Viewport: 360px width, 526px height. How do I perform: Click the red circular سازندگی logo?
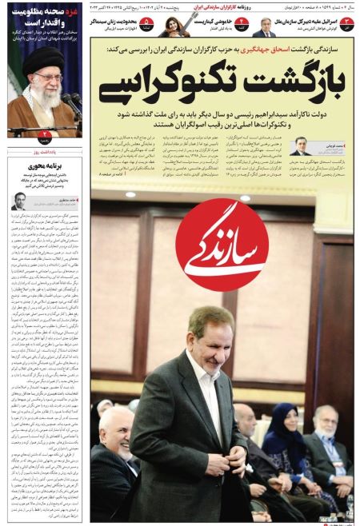(222, 245)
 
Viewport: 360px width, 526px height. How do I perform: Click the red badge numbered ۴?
(239, 24)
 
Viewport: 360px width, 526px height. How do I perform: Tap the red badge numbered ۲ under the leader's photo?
(46, 134)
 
